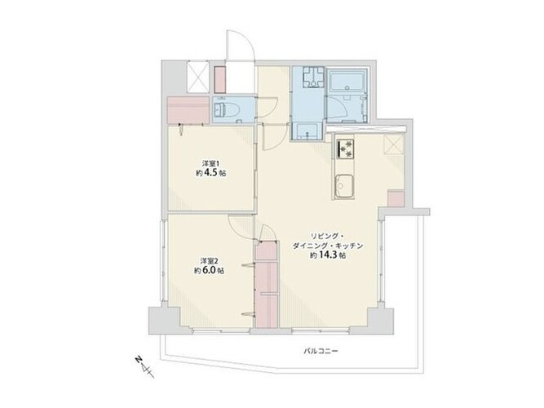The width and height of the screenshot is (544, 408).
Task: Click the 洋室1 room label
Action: click(x=211, y=163)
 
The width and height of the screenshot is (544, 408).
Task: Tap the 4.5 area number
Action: click(x=215, y=172)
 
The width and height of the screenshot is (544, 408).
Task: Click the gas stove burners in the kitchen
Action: click(x=345, y=149)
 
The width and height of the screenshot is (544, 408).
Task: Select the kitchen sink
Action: click(x=344, y=187)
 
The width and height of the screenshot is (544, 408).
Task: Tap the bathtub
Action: click(x=347, y=81)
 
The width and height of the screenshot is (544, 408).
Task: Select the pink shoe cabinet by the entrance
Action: click(x=219, y=79)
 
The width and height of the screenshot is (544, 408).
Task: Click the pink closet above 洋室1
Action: click(x=188, y=109)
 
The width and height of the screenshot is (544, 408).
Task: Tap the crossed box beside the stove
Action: click(x=394, y=144)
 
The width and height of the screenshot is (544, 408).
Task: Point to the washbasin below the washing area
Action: click(x=307, y=131)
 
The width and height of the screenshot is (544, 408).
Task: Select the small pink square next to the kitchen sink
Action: click(x=396, y=199)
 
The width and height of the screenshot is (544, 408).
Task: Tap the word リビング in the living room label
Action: click(x=324, y=237)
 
